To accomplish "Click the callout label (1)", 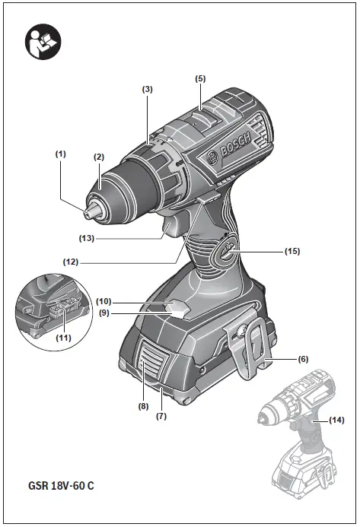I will (x=61, y=153).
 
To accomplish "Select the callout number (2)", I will (x=98, y=157).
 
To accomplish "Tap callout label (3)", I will (x=148, y=89).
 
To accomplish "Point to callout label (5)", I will (x=200, y=78).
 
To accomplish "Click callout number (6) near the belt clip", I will (x=303, y=358).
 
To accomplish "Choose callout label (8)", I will (x=143, y=407).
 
